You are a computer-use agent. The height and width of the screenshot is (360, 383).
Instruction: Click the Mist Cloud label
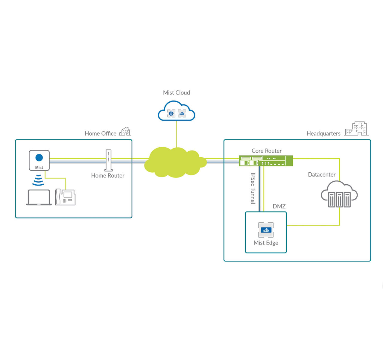(x=177, y=93)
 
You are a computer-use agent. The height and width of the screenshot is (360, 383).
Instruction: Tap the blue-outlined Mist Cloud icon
(x=177, y=111)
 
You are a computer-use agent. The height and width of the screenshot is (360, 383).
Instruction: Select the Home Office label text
(x=101, y=133)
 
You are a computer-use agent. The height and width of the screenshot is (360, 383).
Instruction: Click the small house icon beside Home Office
(x=125, y=131)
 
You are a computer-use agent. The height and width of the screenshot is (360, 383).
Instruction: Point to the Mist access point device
(x=39, y=160)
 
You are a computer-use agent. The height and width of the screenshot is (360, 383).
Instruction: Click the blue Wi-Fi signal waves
(x=38, y=180)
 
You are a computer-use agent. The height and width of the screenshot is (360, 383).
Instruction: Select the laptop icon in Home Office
(x=39, y=198)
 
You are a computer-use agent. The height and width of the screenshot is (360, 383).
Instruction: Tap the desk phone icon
(x=65, y=197)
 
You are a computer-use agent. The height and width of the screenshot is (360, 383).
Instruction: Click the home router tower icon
(x=109, y=160)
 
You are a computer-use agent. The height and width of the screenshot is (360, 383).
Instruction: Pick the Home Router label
(x=108, y=176)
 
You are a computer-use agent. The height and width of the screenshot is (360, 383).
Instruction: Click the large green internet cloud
(x=175, y=162)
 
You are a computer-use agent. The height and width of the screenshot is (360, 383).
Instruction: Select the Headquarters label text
(x=323, y=133)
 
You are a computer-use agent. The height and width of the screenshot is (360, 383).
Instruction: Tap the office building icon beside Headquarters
(x=356, y=129)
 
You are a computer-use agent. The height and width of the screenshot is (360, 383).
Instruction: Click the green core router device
(x=266, y=161)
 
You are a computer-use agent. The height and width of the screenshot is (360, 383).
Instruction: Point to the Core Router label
(x=267, y=151)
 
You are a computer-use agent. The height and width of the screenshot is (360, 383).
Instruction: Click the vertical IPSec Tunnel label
(x=253, y=188)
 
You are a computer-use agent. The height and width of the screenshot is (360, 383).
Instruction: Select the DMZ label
(x=279, y=206)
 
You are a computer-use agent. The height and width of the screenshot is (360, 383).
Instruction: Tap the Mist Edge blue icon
(x=266, y=230)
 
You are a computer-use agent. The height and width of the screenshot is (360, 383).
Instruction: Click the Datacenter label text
(x=322, y=174)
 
